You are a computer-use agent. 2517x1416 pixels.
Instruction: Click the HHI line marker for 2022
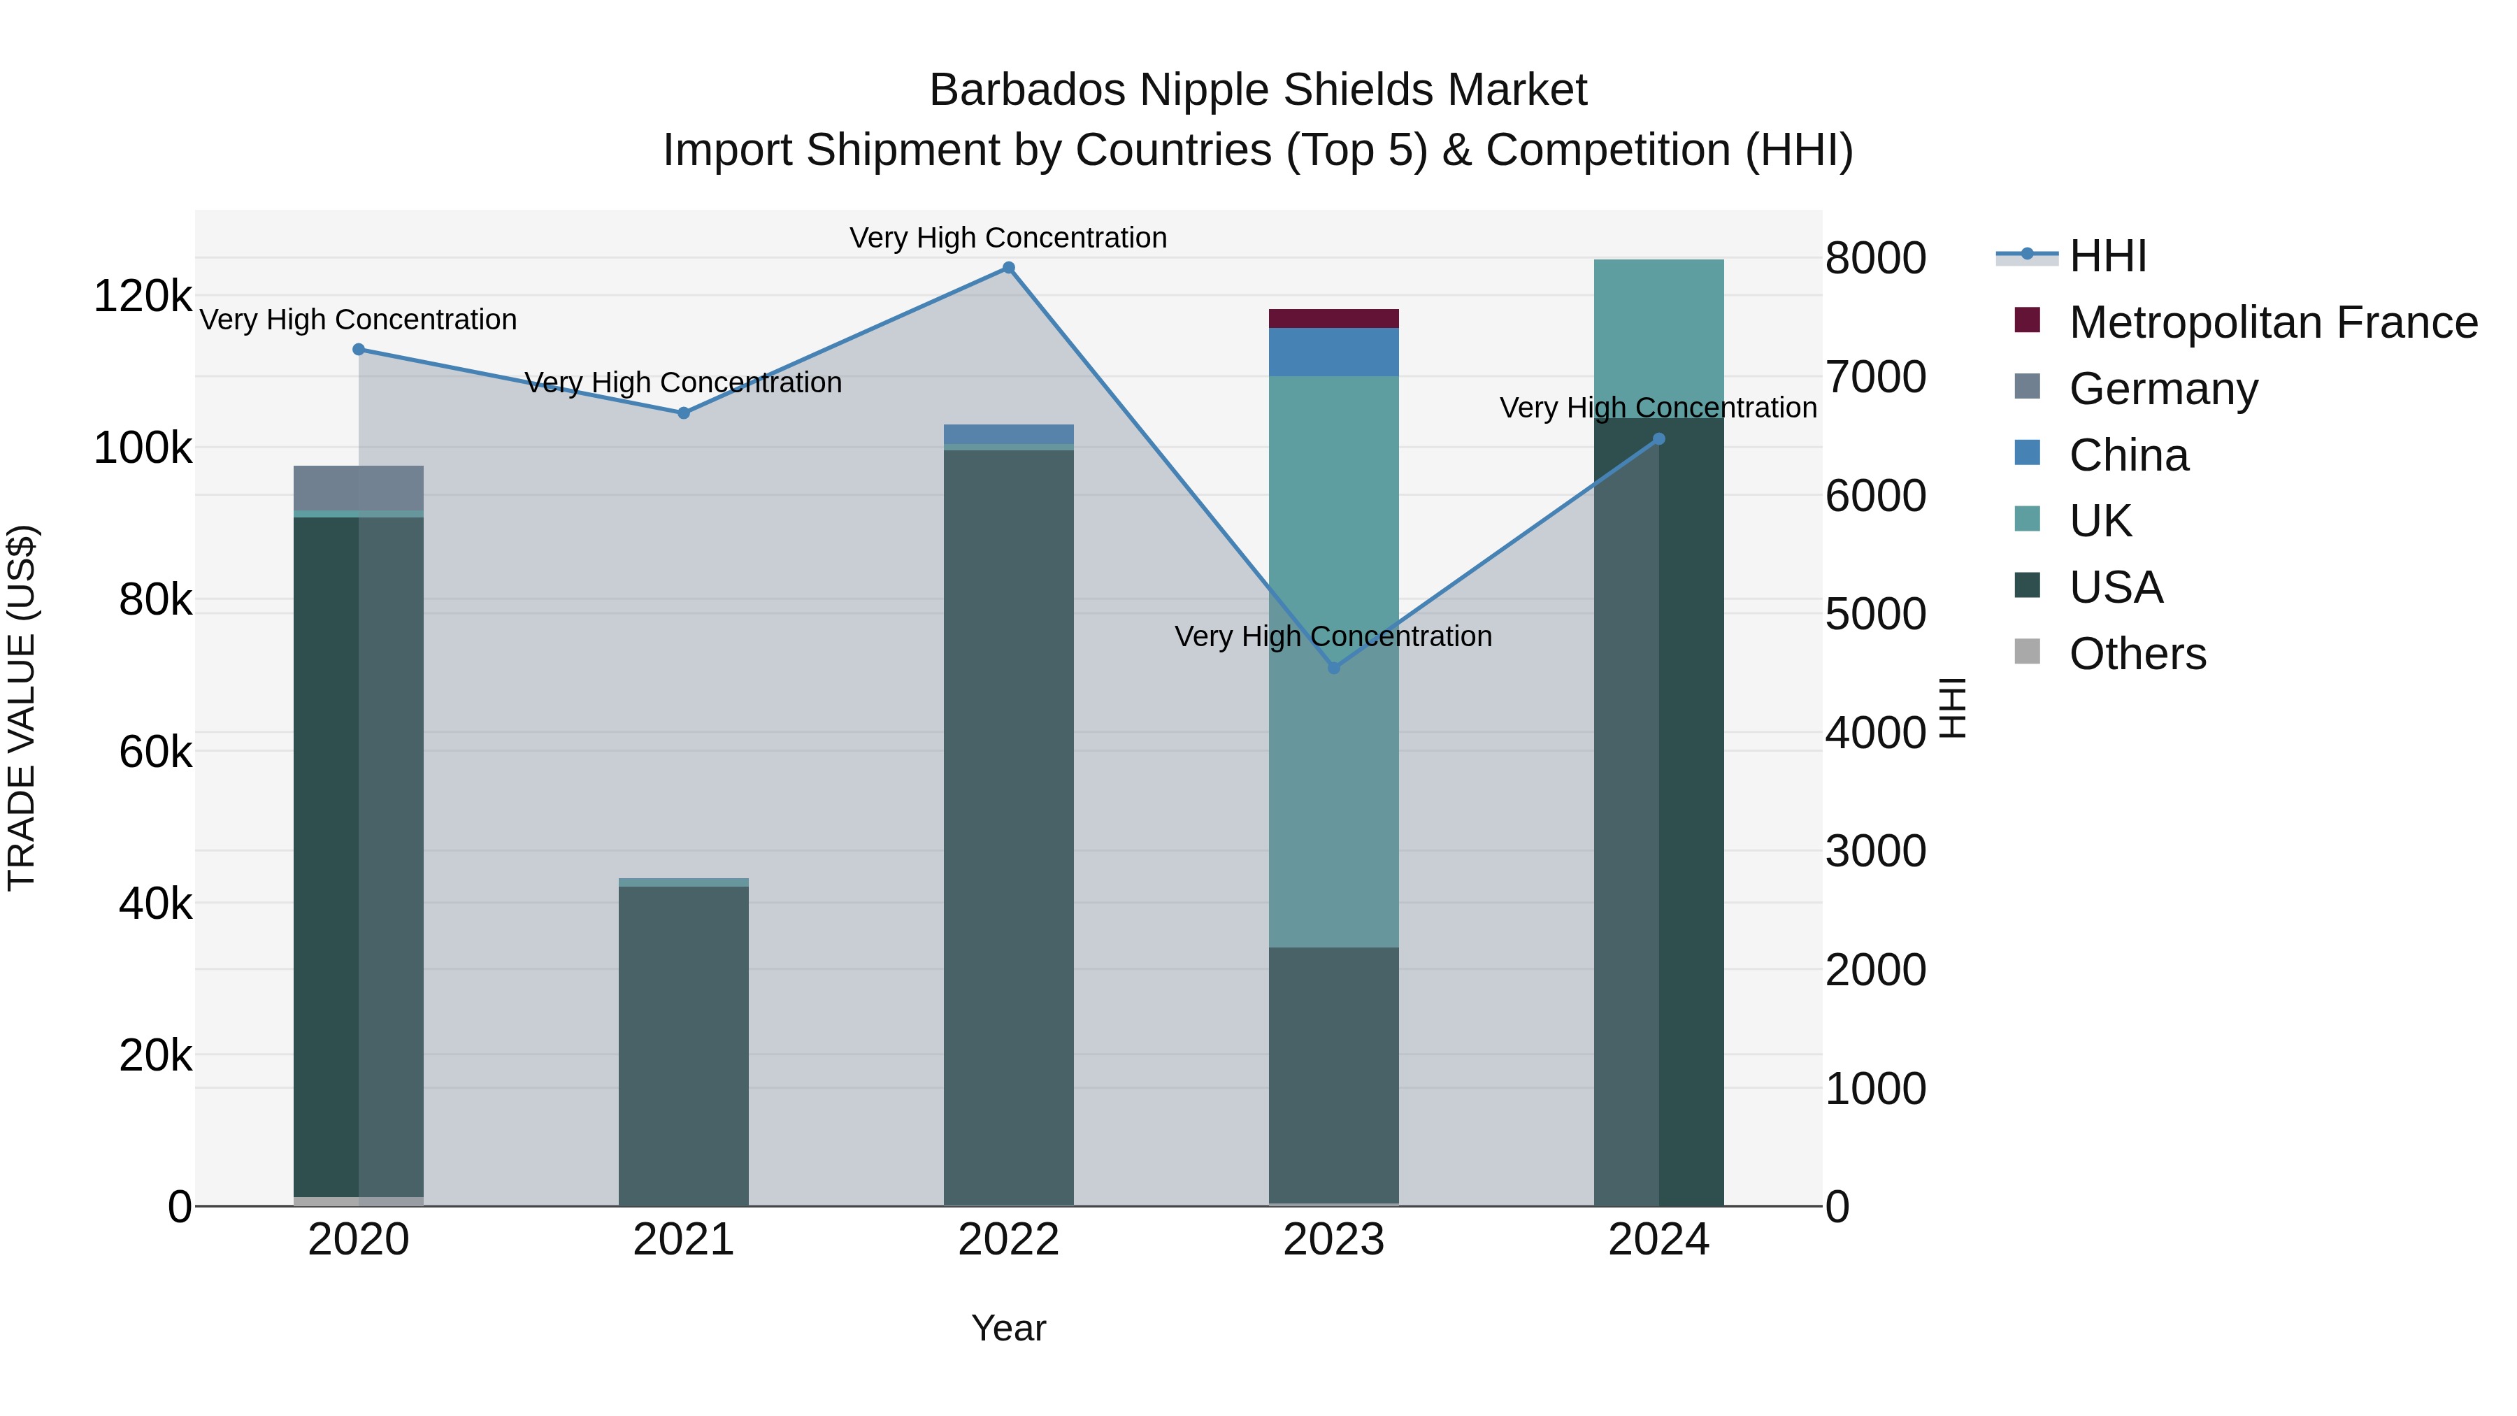click(x=1008, y=268)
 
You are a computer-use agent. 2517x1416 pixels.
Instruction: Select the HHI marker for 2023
click(x=1334, y=668)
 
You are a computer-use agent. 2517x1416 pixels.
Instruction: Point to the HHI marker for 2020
click(x=359, y=349)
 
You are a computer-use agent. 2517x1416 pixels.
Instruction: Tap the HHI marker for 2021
click(x=684, y=413)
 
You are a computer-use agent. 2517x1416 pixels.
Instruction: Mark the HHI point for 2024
click(x=1658, y=438)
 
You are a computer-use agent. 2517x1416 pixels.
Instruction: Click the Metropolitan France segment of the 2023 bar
click(x=1334, y=319)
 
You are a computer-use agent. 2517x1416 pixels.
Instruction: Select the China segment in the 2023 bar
click(x=1334, y=352)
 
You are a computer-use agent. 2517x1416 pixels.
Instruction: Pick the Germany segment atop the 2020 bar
click(x=359, y=487)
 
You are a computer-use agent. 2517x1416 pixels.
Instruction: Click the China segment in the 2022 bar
click(x=1008, y=434)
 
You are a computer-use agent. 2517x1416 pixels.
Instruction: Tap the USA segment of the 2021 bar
click(x=684, y=1045)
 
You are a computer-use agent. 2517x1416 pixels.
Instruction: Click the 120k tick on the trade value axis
click(x=143, y=295)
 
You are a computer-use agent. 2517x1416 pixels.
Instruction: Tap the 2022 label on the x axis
click(x=1008, y=1240)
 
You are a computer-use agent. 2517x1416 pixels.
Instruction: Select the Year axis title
click(x=1008, y=1328)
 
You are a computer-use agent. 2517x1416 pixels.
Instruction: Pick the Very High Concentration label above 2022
click(x=1008, y=238)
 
